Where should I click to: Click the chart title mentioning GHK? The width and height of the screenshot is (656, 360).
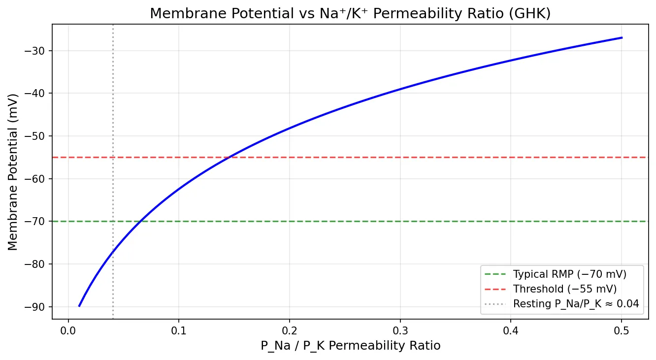350,14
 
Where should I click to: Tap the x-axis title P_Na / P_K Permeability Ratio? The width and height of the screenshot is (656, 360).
350,346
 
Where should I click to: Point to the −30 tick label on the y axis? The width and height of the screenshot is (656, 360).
38,51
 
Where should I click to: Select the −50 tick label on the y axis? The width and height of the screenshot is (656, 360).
38,136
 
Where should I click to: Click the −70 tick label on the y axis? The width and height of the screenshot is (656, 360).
38,221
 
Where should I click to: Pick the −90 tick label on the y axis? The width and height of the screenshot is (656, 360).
38,306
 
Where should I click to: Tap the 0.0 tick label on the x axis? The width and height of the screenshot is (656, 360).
68,330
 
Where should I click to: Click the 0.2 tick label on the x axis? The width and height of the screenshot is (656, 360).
290,330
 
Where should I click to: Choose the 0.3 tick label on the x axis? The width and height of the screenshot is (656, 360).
400,330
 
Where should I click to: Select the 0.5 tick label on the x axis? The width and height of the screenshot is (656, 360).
622,330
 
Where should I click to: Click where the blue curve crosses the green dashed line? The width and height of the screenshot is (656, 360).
141,221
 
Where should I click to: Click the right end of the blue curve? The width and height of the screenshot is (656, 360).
622,37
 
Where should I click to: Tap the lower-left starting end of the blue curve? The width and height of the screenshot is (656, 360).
79,306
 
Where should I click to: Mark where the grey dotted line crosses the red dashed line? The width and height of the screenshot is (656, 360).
113,157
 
